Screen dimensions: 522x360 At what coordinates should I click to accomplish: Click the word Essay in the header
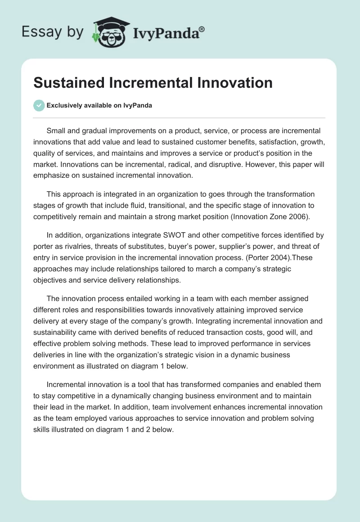37,32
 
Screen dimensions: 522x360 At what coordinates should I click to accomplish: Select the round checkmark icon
39,105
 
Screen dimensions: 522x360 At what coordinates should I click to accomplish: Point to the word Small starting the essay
56,130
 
